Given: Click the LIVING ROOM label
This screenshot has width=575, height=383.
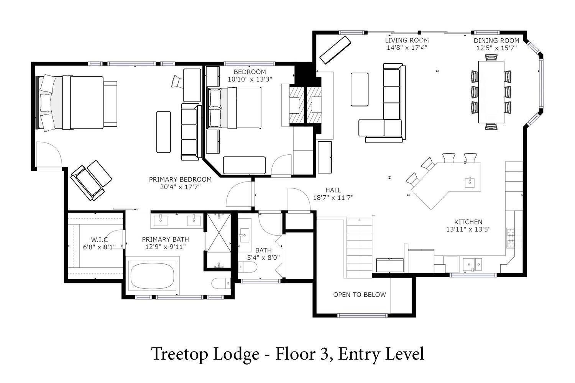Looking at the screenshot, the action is [407, 40].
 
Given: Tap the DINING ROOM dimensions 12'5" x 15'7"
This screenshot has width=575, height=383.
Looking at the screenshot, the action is [496, 48].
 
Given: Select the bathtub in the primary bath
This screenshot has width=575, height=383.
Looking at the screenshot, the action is [152, 276].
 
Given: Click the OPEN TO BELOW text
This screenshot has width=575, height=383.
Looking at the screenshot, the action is [360, 295].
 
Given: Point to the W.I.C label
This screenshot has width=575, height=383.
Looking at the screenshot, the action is [99, 240].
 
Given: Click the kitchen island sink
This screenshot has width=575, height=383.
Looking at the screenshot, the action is [470, 182].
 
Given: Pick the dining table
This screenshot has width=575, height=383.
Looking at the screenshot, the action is [491, 92].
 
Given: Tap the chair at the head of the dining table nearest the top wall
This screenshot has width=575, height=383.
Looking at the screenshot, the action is [491, 57].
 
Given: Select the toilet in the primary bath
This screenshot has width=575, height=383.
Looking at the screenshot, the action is [221, 283].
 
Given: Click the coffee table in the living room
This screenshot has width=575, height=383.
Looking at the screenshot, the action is [360, 89].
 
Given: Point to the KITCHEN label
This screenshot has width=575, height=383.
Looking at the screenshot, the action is [468, 222].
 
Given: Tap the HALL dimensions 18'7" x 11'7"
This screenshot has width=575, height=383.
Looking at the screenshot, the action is [333, 198].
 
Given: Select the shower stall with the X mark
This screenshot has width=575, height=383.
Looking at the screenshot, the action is [219, 232].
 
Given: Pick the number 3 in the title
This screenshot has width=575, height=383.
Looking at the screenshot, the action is [324, 354].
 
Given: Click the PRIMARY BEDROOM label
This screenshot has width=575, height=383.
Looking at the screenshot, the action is [180, 179].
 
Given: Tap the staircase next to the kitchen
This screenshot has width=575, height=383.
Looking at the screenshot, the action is [360, 247].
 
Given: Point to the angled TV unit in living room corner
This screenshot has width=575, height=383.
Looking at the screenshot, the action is [335, 50].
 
